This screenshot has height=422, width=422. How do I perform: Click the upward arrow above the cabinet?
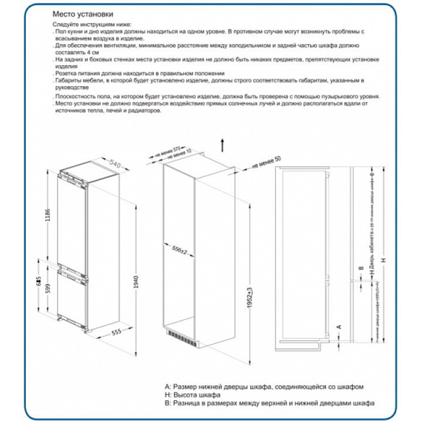223,144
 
